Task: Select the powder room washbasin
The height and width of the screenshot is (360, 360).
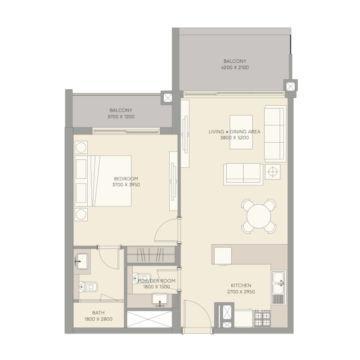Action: [159, 298]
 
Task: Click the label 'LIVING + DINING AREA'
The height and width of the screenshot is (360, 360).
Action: [234, 132]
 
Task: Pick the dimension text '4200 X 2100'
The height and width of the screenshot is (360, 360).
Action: [235, 67]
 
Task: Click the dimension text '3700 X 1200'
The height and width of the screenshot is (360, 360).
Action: [121, 117]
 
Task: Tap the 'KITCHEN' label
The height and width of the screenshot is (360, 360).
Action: [241, 285]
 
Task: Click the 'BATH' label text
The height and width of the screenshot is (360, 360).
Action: [98, 313]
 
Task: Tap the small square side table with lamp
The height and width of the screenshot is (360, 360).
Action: [273, 171]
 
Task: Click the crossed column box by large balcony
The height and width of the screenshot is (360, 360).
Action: [291, 85]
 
